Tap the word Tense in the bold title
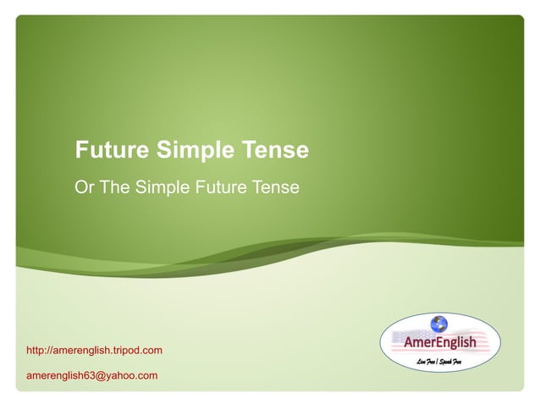point(275,151)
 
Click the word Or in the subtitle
point(85,186)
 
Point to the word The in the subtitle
point(114,186)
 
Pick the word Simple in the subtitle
point(162,186)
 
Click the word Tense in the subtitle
point(274,186)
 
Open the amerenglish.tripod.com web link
point(94,350)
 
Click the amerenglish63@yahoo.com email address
point(92,375)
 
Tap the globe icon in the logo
point(438,323)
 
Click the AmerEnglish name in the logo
point(439,343)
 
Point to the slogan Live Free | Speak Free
point(444,361)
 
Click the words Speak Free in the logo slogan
point(460,361)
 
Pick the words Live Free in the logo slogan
point(429,361)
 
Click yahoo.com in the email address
point(131,375)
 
